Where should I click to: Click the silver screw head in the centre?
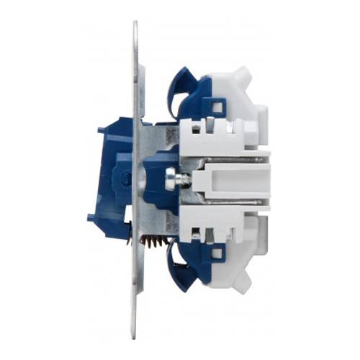click(171, 178)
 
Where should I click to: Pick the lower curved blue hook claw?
click(176, 268)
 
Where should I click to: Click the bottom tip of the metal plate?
click(135, 333)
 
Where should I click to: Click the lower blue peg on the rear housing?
click(91, 217)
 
